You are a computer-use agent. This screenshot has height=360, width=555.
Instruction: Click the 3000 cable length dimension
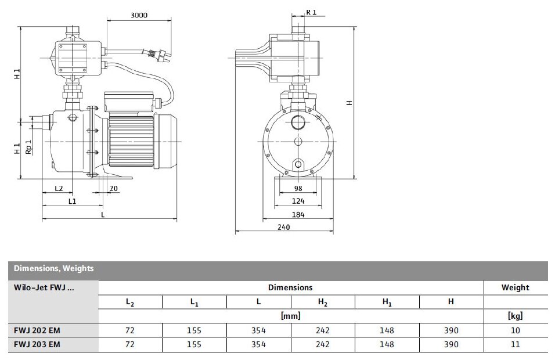[x=122, y=14]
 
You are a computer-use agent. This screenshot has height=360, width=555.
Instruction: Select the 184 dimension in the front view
[x=298, y=214]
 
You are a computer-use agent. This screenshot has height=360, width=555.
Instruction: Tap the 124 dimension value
[x=298, y=201]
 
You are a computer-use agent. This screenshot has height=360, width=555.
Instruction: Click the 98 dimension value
[x=298, y=189]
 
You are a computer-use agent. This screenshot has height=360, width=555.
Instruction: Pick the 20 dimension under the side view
[x=113, y=189]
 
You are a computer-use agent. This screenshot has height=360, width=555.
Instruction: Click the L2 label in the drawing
[x=59, y=189]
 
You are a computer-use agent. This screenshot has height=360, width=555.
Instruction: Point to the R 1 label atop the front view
[x=312, y=12]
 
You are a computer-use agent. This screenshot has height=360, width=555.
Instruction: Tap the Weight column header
[x=515, y=287]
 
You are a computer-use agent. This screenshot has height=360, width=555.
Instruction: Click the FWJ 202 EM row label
[x=37, y=330]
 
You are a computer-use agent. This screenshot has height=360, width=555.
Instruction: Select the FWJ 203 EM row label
[x=37, y=344]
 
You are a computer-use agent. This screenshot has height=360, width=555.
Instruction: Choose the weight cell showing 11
[x=515, y=344]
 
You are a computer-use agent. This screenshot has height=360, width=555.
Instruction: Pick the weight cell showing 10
[x=515, y=330]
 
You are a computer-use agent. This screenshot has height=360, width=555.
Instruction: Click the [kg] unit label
[x=515, y=316]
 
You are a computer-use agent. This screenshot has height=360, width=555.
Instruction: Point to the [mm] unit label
[x=290, y=316]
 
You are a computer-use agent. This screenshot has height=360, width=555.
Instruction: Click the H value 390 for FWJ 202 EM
[x=451, y=330]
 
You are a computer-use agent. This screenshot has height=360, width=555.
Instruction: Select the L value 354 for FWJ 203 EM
[x=258, y=344]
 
